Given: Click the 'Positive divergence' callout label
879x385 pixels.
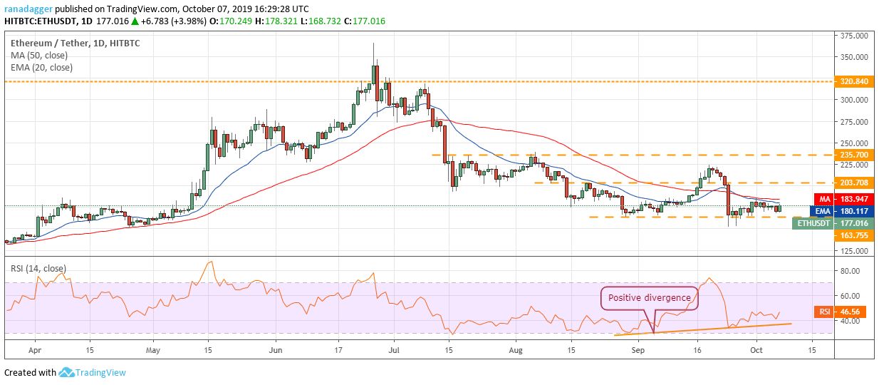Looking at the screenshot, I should tap(648, 297).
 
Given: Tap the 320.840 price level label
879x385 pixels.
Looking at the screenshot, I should tap(853, 81).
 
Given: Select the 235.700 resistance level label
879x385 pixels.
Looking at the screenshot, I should tap(853, 154).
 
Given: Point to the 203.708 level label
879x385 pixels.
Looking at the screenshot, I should tap(853, 183).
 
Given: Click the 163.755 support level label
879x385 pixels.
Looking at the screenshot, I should tap(853, 235).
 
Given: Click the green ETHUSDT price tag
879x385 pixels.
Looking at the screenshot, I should tap(813, 223).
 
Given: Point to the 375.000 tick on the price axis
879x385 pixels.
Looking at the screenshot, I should tap(855, 35).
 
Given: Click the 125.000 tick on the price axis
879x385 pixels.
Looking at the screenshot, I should tap(855, 252).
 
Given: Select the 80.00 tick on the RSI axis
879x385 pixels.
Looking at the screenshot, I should tap(851, 271).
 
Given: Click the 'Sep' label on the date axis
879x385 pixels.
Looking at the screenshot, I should tap(639, 351).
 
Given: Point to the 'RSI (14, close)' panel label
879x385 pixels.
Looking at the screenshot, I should tap(38, 268).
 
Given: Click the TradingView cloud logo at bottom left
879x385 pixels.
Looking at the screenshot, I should tap(67, 372).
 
